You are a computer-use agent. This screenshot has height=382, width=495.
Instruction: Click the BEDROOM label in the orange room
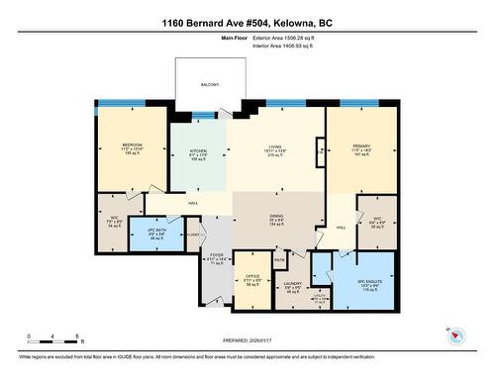coord(133,144)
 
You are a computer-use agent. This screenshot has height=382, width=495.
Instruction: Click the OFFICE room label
coord(252,276)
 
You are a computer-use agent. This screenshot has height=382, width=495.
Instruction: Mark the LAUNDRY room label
coord(294,284)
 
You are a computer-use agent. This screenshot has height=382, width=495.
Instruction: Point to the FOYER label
coord(217,254)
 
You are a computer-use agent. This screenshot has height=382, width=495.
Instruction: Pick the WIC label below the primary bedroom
coord(377,218)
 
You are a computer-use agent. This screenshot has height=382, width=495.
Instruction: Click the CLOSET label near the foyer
coord(192,236)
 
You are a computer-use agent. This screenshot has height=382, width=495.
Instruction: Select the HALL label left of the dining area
coord(192,202)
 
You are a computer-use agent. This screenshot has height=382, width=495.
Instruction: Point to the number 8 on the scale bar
coord(76,334)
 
